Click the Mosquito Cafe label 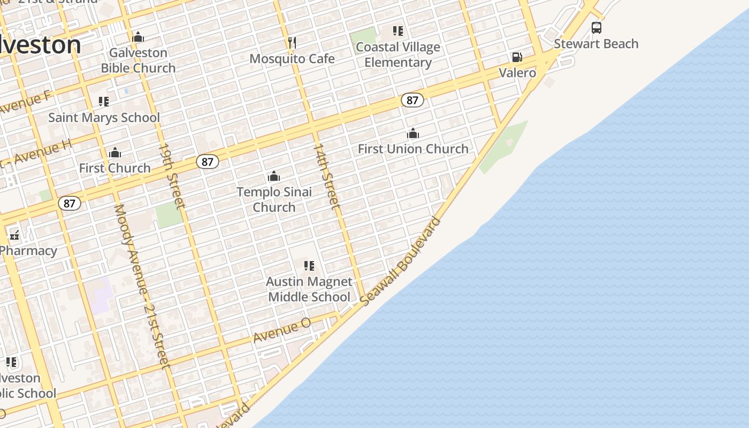click(292, 58)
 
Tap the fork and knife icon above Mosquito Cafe click(292, 42)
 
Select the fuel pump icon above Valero click(517, 57)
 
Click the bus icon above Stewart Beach click(596, 28)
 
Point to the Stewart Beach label click(596, 44)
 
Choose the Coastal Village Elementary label click(398, 55)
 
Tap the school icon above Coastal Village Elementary click(398, 31)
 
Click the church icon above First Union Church click(412, 133)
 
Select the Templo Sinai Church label click(274, 199)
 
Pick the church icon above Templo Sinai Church click(274, 176)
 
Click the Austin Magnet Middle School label click(309, 289)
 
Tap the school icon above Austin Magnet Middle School click(309, 266)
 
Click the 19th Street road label click(172, 175)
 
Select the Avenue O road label click(281, 330)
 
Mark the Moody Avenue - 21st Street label click(142, 286)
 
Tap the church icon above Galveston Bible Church click(138, 37)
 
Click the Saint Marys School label click(104, 118)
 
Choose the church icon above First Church click(115, 153)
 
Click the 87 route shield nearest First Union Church click(412, 100)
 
